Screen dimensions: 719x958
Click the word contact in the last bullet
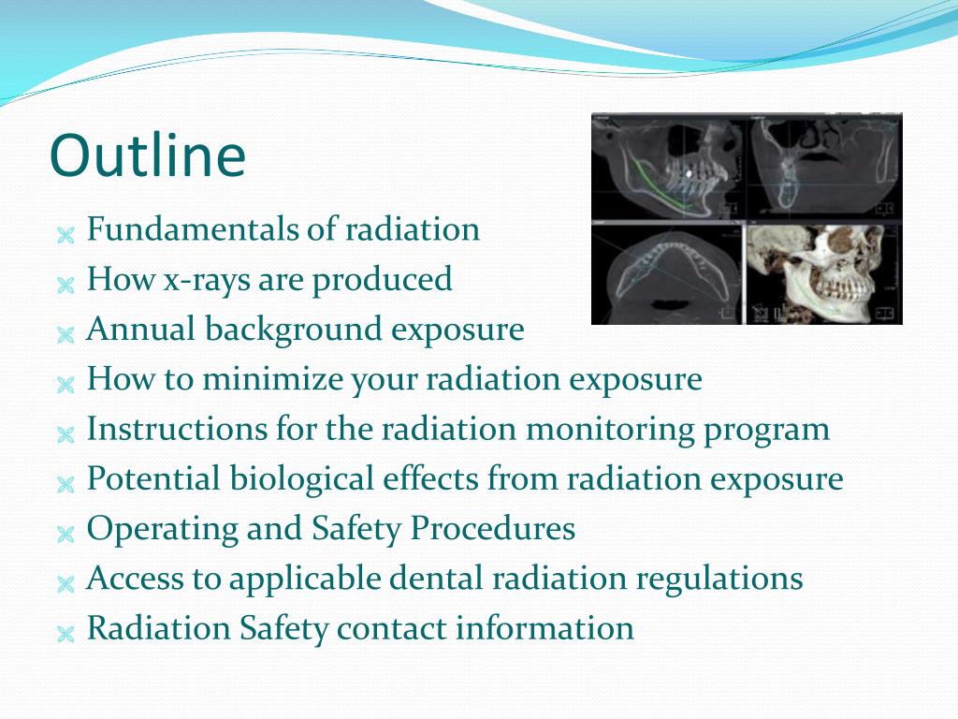click(392, 628)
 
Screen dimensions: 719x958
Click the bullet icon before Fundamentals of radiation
click(65, 234)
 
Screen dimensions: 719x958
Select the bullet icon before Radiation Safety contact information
click(65, 633)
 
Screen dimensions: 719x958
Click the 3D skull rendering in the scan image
click(823, 272)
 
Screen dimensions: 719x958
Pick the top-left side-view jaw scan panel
click(668, 168)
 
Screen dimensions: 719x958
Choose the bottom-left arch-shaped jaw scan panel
click(666, 272)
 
